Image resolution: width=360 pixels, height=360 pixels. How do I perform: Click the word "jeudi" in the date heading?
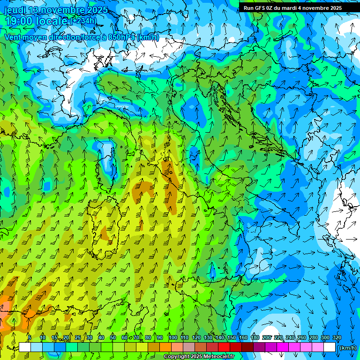tap(15, 10)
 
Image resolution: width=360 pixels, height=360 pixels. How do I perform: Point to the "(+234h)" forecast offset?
tap(83, 21)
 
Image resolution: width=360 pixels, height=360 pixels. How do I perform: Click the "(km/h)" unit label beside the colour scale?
tap(347, 348)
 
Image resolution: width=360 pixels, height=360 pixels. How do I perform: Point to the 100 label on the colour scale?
tap(172, 337)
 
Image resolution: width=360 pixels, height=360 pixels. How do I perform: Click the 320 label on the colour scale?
tap(337, 337)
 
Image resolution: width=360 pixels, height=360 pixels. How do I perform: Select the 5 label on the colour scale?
tap(30, 337)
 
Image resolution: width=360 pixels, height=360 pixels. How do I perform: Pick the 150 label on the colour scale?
tap(231, 337)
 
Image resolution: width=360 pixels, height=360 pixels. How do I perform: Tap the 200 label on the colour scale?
tap(266, 337)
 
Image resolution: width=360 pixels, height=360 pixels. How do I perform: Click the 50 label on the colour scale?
tap(113, 337)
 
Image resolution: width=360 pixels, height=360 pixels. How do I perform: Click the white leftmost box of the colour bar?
tap(25, 347)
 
